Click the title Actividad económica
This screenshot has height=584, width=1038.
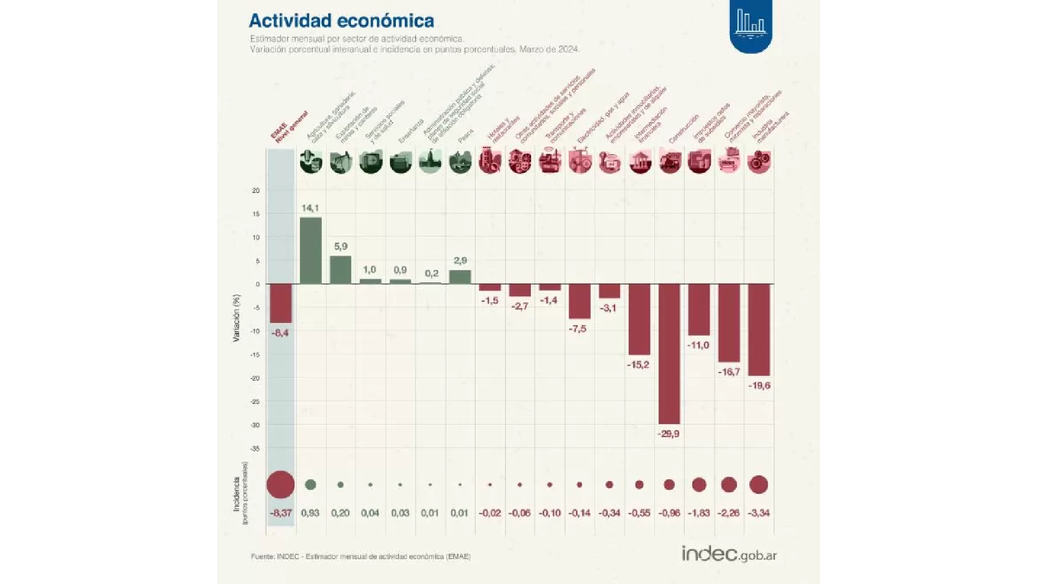point(341,20)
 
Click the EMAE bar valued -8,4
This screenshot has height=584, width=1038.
point(280,303)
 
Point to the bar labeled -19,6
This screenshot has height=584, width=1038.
point(759,329)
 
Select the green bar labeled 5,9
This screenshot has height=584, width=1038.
point(341,269)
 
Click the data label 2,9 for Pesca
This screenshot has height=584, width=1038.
point(460,260)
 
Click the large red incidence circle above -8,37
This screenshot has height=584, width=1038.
point(280,485)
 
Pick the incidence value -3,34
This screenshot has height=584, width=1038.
point(759,513)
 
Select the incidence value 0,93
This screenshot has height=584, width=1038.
point(311,513)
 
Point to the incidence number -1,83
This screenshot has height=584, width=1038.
point(699,513)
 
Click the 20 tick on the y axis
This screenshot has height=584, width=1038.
point(256,190)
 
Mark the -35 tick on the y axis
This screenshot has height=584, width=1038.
point(255,448)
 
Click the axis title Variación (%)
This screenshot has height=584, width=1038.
point(236,318)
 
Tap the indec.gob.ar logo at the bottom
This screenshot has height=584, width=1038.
point(728,554)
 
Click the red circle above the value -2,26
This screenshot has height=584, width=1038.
point(729,485)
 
